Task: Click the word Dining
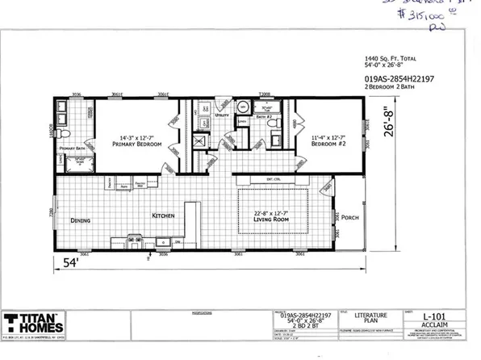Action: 79,220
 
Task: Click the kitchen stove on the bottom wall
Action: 162,241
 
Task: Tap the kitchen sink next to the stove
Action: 134,241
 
